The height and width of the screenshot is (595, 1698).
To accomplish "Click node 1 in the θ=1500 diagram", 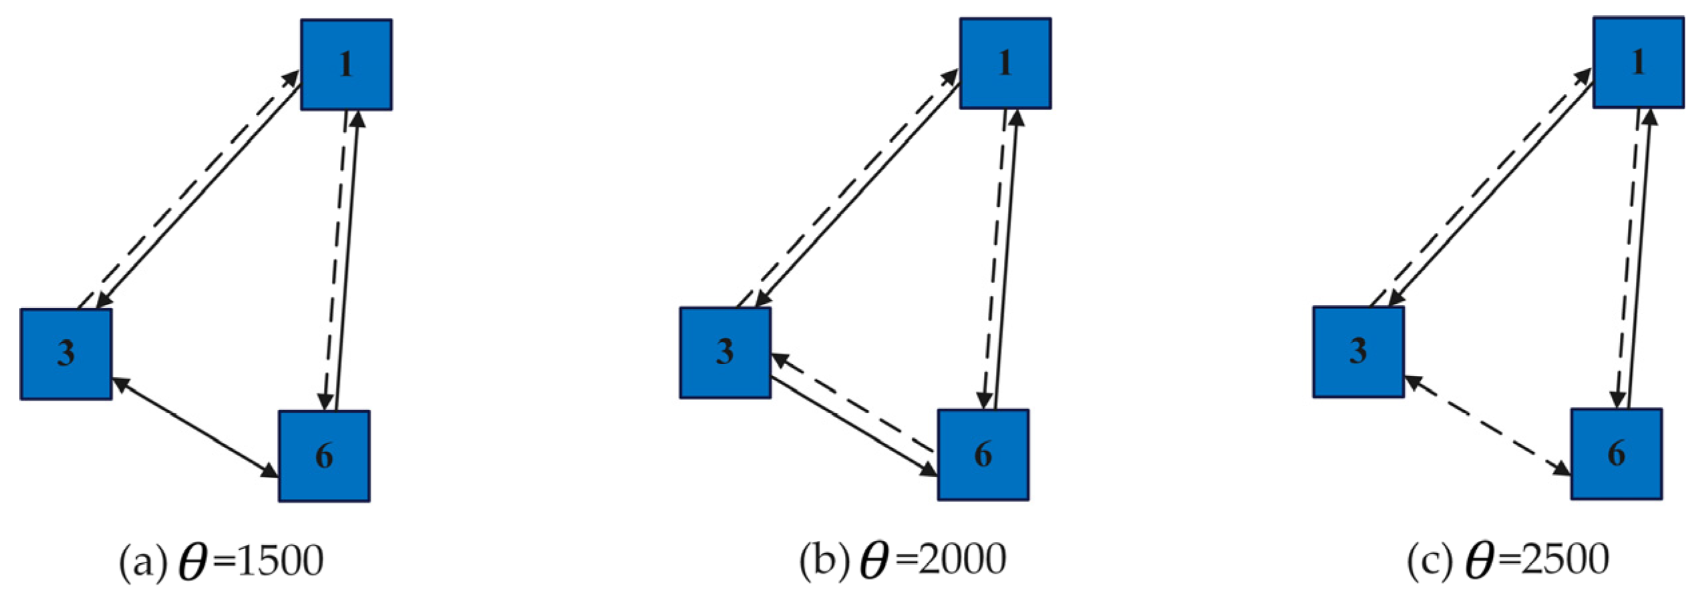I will pos(346,65).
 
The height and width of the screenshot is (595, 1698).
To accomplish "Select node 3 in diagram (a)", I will pos(66,354).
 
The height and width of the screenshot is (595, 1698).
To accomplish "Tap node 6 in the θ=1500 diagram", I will pos(324,456).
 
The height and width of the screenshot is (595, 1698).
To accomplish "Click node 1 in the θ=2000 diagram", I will pos(1005,63).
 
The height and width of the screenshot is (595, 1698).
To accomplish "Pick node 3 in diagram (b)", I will pos(725,353).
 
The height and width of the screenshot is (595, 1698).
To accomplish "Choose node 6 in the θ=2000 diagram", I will pos(983,455).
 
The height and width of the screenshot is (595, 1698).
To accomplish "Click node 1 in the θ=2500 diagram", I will pos(1638,63).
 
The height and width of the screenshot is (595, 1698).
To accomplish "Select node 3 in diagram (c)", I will pos(1358,352).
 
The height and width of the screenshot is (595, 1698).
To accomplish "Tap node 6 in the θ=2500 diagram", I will pos(1616,454).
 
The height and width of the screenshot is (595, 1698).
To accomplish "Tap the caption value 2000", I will pos(963,560).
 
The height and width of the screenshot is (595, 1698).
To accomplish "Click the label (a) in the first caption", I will pos(142,562).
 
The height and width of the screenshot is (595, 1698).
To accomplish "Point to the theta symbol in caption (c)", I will pos(1479,561).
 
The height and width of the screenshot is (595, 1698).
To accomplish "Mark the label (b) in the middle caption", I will pos(824,561).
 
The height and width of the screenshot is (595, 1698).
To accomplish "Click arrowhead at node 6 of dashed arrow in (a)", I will pos(325,401).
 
